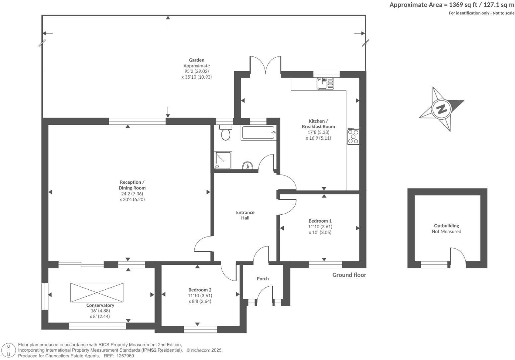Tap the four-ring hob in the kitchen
click(x=353, y=136)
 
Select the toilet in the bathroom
click(x=226, y=133)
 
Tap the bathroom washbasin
click(x=248, y=165)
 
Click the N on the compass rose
click(x=441, y=109)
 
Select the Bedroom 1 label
click(x=320, y=221)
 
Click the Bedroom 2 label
click(x=200, y=290)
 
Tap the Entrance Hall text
click(x=245, y=215)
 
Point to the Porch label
click(x=262, y=279)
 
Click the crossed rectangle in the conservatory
click(x=97, y=292)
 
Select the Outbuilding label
click(x=446, y=226)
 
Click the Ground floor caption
click(x=349, y=275)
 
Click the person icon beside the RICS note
click(x=9, y=350)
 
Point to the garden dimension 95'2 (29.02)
click(x=196, y=71)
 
